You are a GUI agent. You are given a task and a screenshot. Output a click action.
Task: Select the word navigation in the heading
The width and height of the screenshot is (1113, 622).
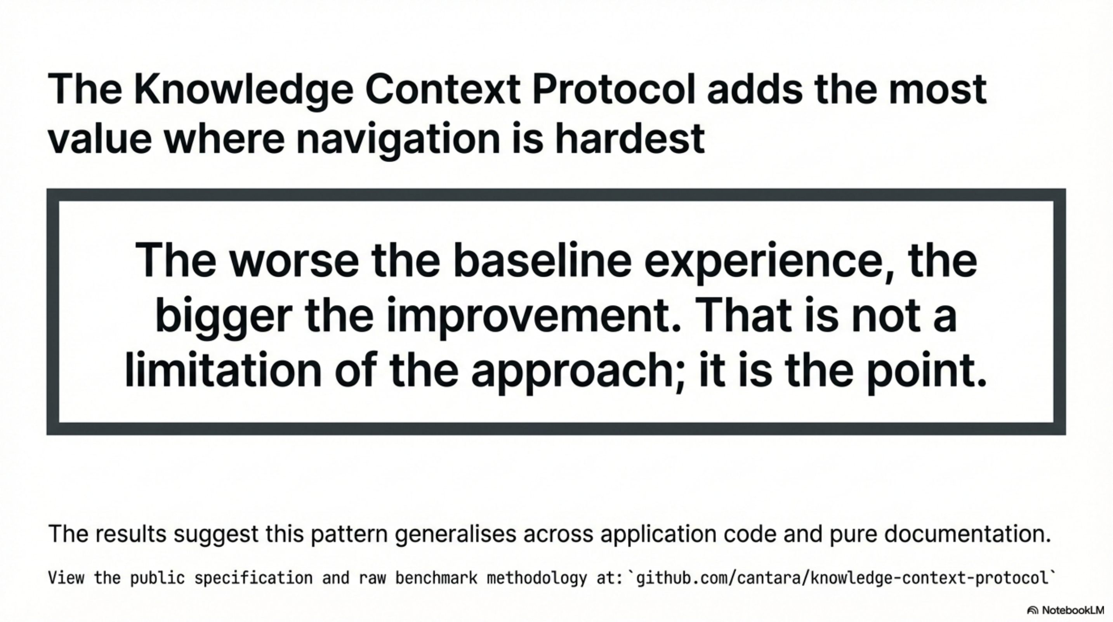point(398,139)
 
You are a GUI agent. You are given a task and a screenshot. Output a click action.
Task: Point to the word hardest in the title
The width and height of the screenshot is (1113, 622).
point(630,139)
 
